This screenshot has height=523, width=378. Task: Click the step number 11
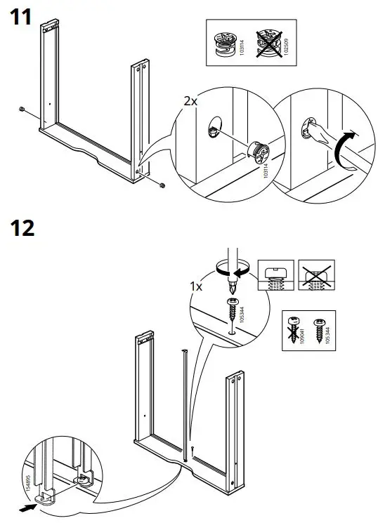[x=19, y=17]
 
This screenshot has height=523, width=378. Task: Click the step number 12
[x=21, y=228]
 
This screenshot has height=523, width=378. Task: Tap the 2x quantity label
[x=190, y=101]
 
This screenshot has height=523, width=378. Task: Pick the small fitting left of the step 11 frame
[x=22, y=110]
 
